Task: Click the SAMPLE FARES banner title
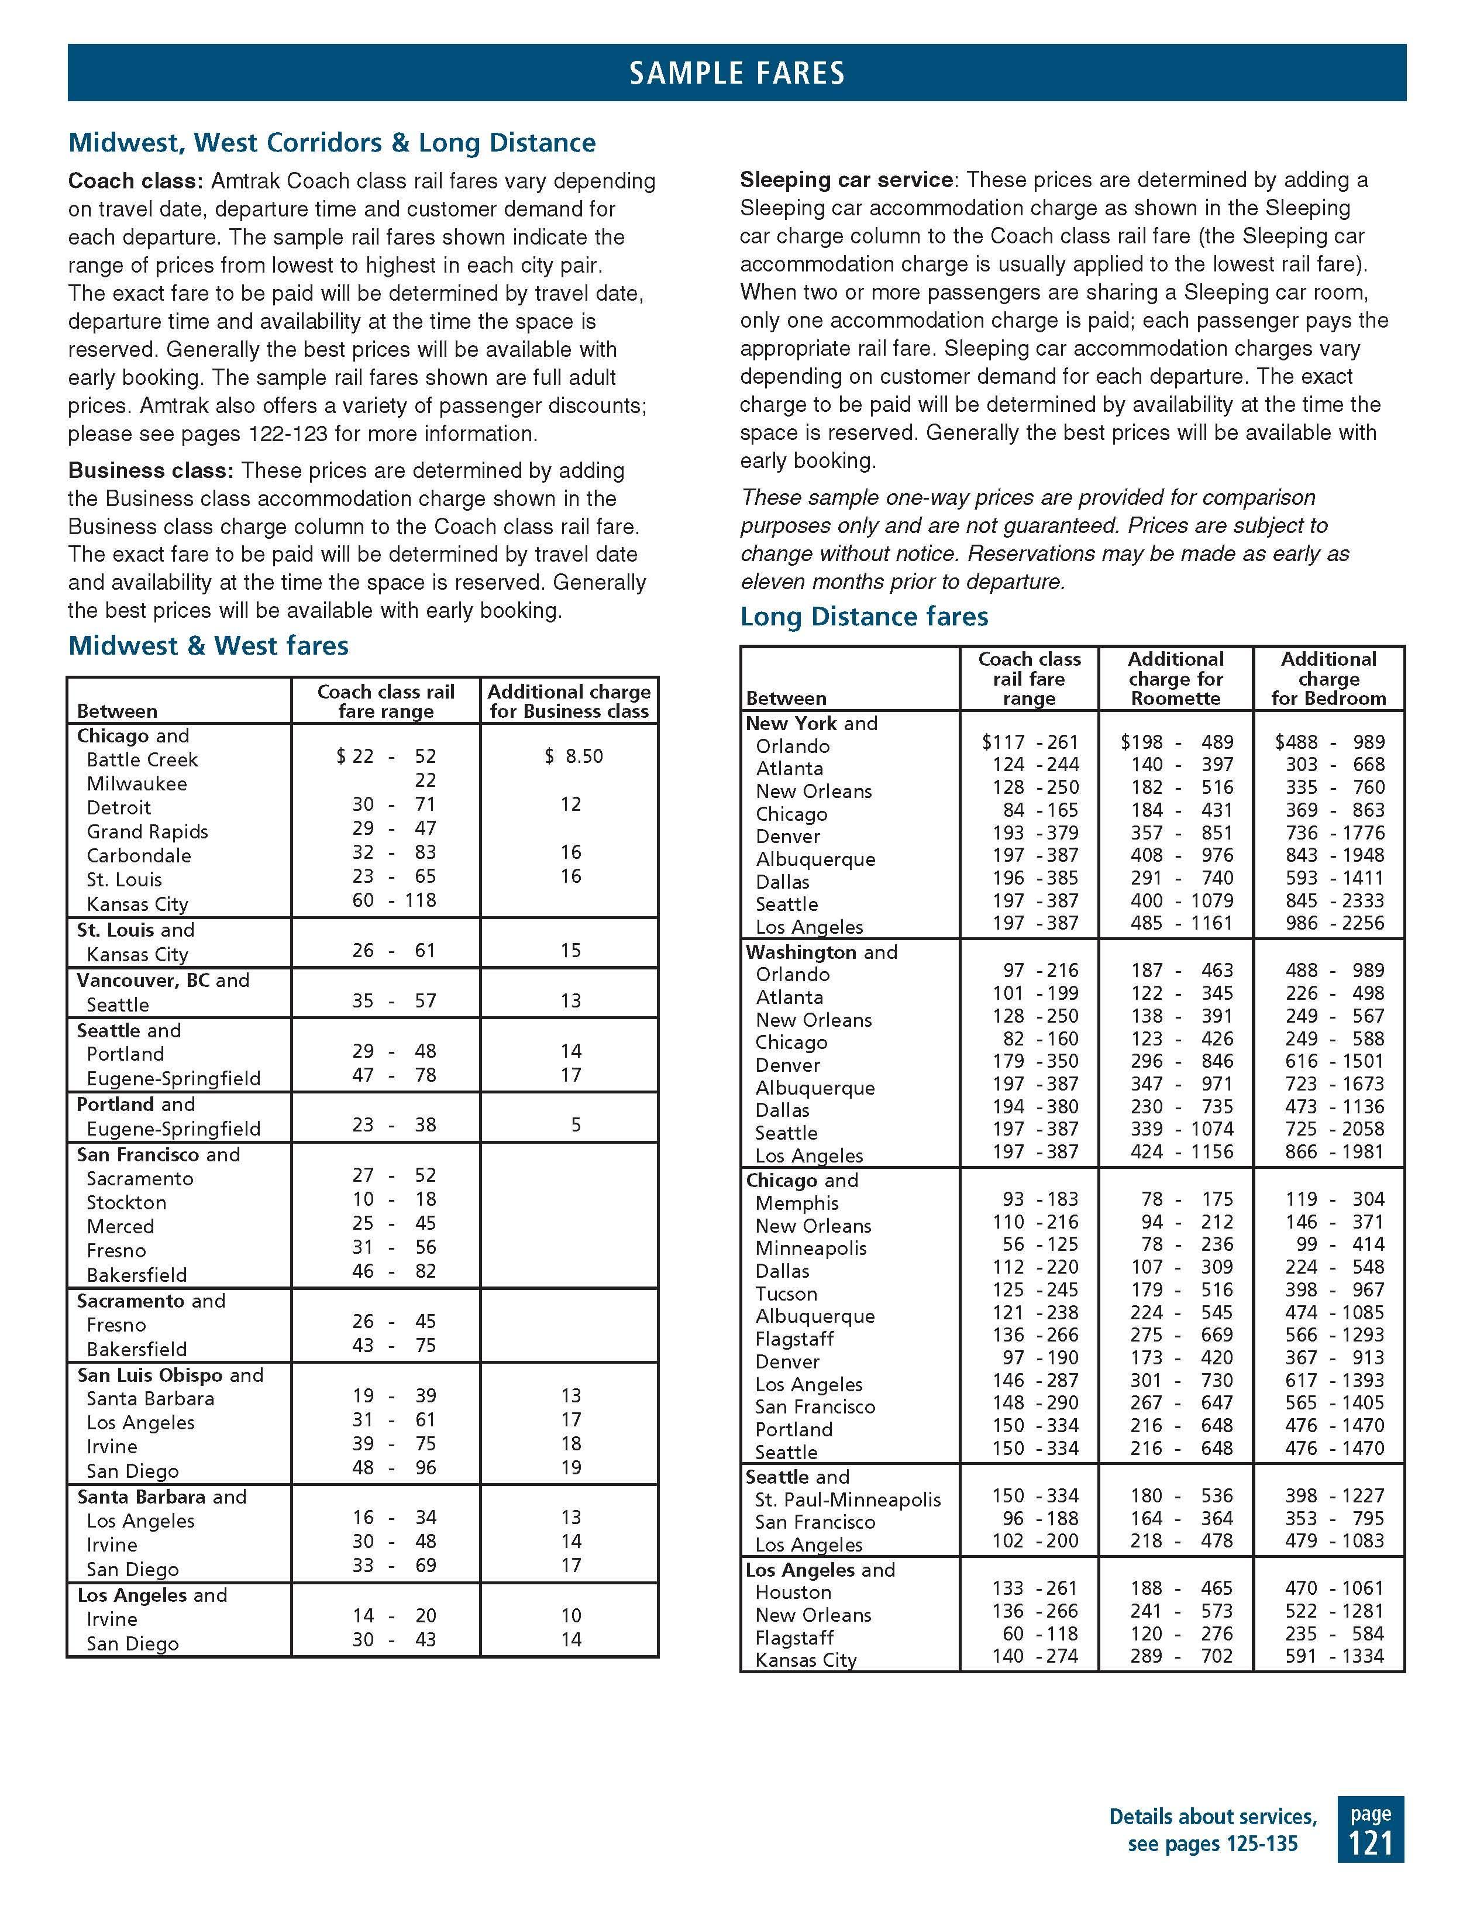(736, 73)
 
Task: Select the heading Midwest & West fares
(208, 646)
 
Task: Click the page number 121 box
(1371, 1829)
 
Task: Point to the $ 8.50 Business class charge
(573, 756)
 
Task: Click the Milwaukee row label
(136, 784)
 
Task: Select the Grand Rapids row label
(147, 831)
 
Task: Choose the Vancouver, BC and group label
(163, 980)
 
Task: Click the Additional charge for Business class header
(569, 701)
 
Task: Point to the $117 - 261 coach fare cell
(1030, 742)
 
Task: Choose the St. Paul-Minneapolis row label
(848, 1500)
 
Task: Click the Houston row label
(793, 1592)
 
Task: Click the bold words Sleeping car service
(846, 180)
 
